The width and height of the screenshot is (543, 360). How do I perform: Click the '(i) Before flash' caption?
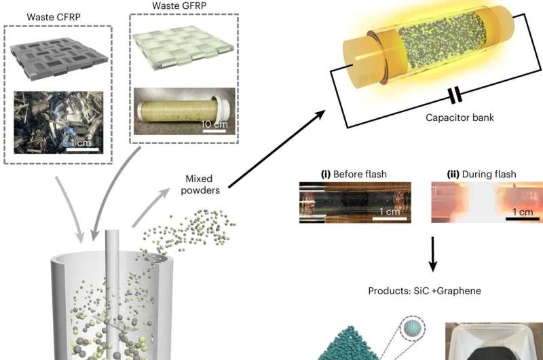[354, 175]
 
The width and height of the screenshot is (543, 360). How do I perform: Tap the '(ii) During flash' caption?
[474, 175]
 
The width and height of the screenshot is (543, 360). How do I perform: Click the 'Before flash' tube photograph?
[355, 202]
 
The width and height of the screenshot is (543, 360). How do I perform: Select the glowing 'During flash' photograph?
[485, 202]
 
